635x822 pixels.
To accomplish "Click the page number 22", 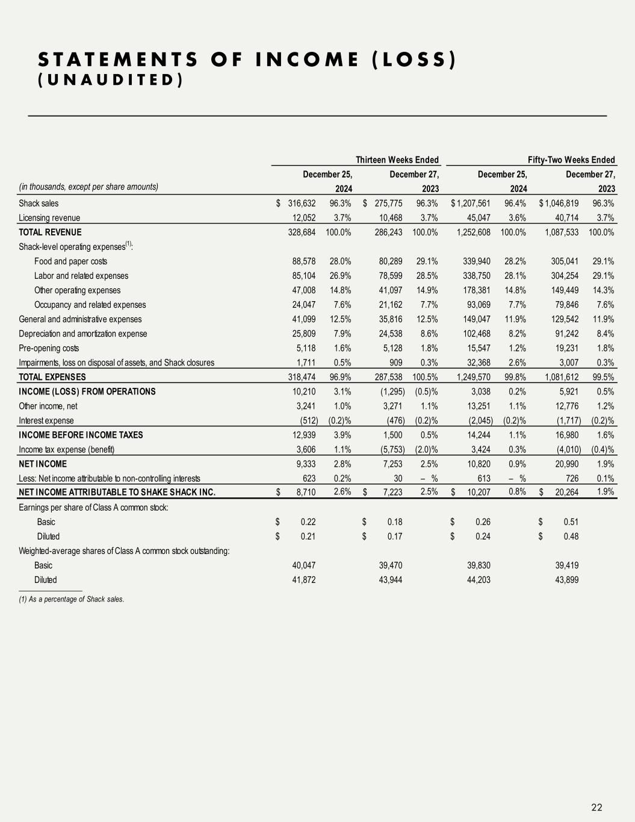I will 596,808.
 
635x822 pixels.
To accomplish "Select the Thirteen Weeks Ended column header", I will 397,160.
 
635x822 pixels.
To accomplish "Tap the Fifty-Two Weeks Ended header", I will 571,160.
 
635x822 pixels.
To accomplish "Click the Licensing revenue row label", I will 49,217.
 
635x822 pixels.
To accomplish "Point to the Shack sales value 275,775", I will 388,203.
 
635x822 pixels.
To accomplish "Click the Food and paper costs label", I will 70,261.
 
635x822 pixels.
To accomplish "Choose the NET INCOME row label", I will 43,464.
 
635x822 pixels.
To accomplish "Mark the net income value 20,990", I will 566,464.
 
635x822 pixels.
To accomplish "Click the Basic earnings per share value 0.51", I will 570,522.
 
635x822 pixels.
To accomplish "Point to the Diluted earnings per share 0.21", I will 308,536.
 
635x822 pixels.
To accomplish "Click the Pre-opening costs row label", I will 49,348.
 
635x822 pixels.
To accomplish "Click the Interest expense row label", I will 46,420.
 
